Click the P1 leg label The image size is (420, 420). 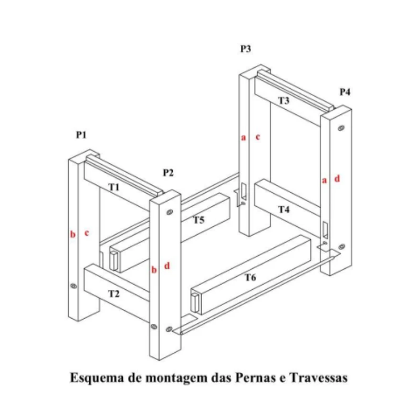[x=81, y=134]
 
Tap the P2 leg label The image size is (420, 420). [x=168, y=173]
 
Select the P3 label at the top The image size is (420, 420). [x=245, y=49]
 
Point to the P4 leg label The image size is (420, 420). [x=345, y=92]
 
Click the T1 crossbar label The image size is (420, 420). [x=114, y=187]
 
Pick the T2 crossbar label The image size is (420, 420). [x=114, y=294]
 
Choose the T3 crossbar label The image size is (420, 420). [x=284, y=100]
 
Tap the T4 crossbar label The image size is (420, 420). [x=284, y=209]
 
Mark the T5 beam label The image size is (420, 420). [x=199, y=220]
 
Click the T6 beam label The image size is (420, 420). [x=251, y=278]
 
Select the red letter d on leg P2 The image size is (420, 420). [x=167, y=266]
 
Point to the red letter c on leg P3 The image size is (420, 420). [x=258, y=137]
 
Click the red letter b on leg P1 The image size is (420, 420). [x=73, y=234]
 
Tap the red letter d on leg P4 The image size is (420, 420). [x=337, y=178]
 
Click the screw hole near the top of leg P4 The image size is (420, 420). [x=341, y=128]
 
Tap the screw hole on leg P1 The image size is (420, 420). [x=73, y=286]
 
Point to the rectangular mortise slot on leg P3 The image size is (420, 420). [x=244, y=191]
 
